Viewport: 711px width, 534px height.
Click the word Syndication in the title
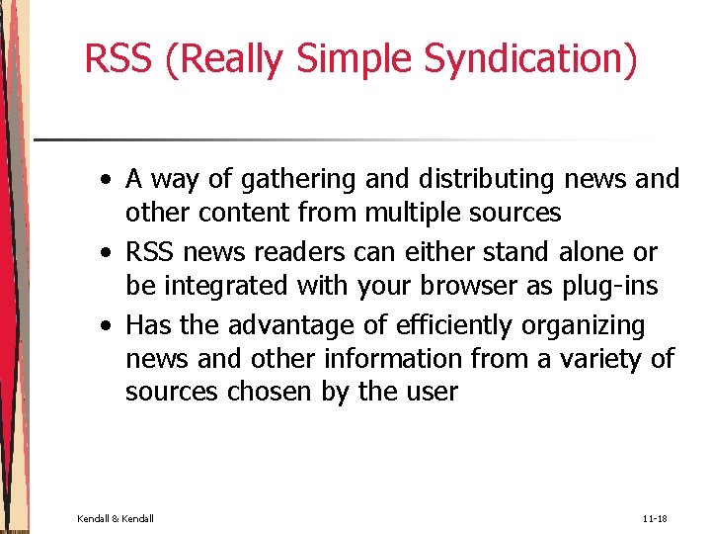click(x=530, y=59)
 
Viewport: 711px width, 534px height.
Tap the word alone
click(x=595, y=252)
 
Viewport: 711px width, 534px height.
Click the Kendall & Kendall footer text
click(x=116, y=518)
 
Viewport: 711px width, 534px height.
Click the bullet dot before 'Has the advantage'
click(x=105, y=326)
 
